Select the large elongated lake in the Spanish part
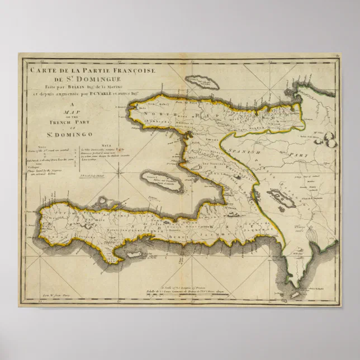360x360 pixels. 278,196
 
